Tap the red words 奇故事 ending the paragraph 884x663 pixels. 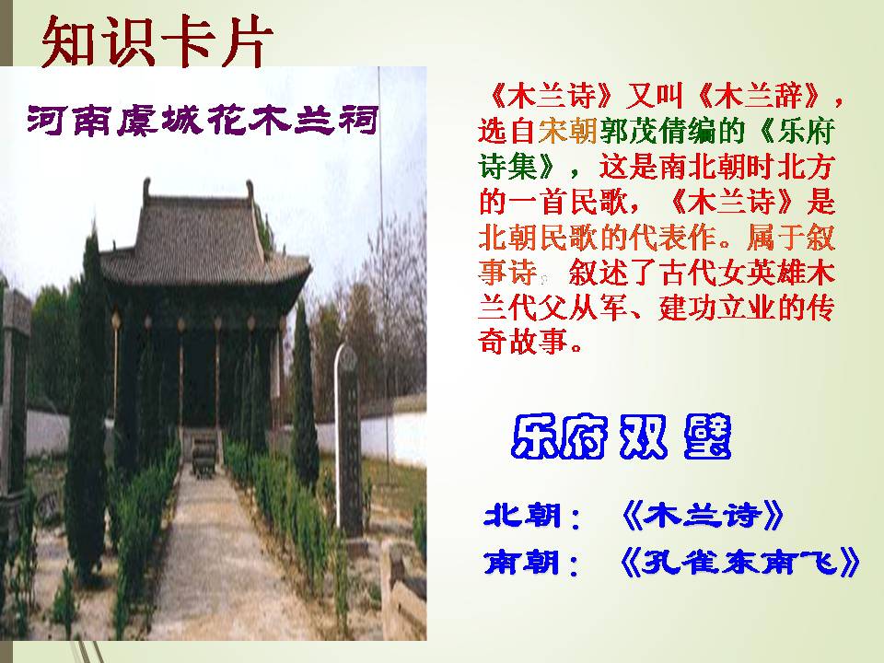click(x=531, y=343)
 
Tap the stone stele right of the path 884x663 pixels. click(x=349, y=442)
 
